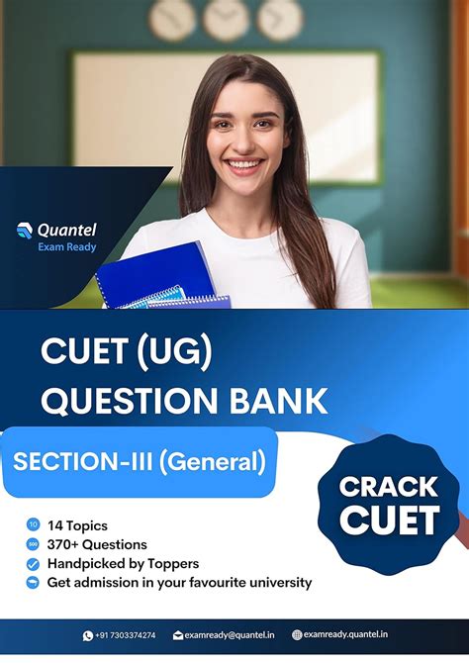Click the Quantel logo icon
point(25,231)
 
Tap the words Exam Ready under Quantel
point(67,246)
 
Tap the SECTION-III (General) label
point(139,461)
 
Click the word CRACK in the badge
point(389,486)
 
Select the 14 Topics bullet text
point(77,525)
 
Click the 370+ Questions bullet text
point(97,544)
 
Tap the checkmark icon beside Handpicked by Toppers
point(33,563)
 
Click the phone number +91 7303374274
point(125,635)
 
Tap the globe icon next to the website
point(297,635)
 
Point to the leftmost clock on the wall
point(172,19)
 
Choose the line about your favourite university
point(179,582)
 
